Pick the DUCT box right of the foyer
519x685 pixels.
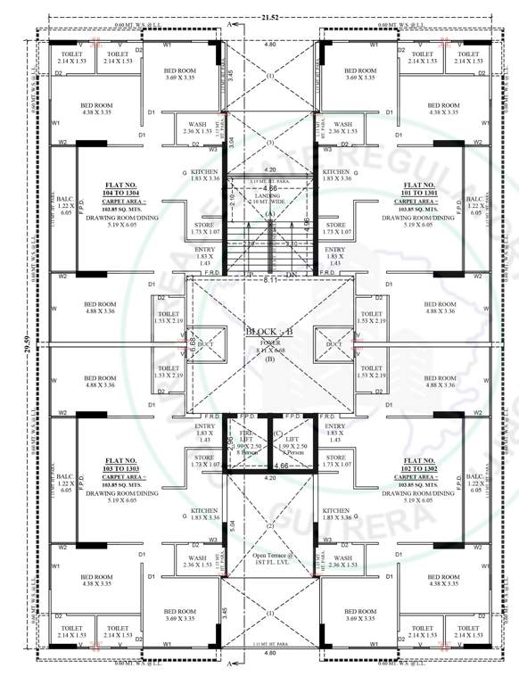pyautogui.click(x=334, y=343)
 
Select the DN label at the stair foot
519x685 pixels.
pyautogui.click(x=290, y=275)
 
